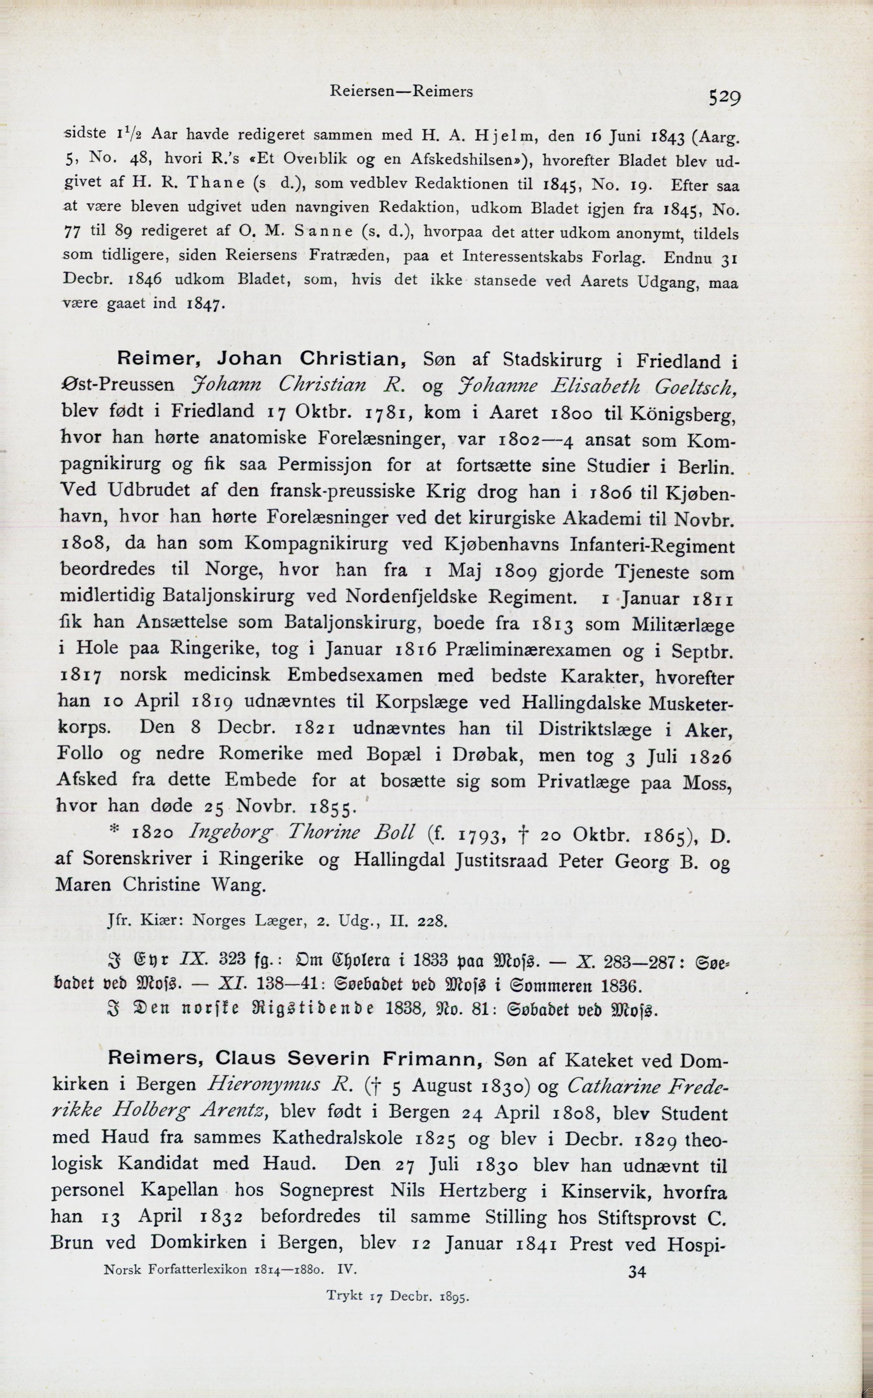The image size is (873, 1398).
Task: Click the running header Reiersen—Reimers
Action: point(401,91)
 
